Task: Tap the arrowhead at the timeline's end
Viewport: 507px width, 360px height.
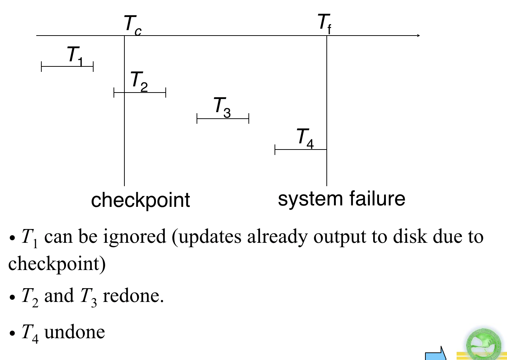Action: (x=418, y=36)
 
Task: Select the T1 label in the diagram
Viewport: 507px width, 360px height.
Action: (x=75, y=56)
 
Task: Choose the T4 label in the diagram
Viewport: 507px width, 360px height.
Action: (x=305, y=138)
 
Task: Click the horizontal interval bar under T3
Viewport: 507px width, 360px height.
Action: (x=223, y=119)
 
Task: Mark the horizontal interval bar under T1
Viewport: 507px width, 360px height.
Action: (x=67, y=67)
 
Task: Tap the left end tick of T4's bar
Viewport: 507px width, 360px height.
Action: (x=275, y=150)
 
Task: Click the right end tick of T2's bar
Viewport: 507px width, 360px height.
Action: (x=166, y=93)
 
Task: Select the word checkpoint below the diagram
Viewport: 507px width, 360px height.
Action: (x=140, y=200)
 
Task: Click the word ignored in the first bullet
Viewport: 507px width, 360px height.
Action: (x=135, y=237)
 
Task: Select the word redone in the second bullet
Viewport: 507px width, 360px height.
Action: (x=133, y=296)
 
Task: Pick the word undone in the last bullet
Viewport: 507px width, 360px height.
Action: (x=74, y=332)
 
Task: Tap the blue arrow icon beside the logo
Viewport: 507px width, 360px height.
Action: (x=436, y=354)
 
